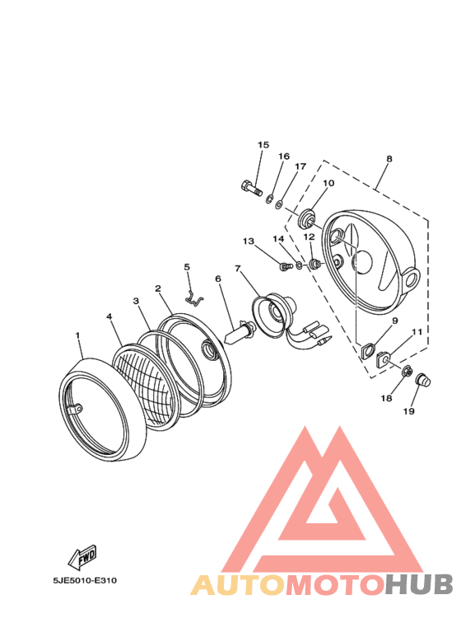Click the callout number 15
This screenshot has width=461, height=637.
[263, 146]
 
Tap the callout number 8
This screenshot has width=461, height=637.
[389, 159]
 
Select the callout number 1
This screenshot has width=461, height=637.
[78, 336]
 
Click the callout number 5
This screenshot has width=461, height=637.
[187, 267]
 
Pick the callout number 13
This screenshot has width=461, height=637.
[248, 241]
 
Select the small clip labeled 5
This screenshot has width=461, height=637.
[193, 297]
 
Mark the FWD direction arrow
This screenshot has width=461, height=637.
[85, 558]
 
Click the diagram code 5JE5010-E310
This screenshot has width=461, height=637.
[84, 580]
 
